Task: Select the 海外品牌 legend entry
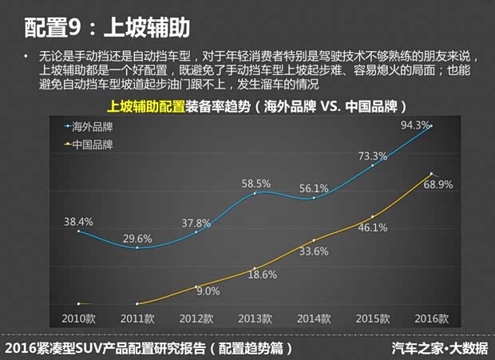coord(90,126)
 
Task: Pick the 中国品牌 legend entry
coord(90,144)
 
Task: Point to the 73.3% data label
coord(372,156)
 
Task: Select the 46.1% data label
coord(372,227)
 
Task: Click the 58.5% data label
coord(255,184)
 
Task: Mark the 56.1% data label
coord(314,188)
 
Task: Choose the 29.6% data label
coord(137,238)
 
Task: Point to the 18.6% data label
coord(261,275)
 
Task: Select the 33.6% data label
coord(314,251)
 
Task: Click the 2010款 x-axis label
coord(78,318)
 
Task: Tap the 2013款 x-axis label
coord(255,318)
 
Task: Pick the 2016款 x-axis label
coord(431,318)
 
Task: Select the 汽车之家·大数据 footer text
coord(440,348)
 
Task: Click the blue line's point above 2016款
coord(431,126)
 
